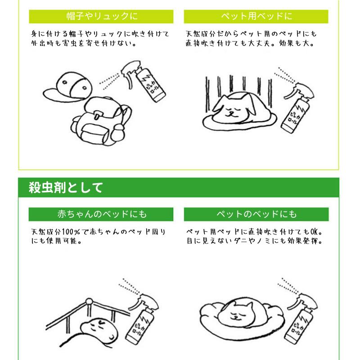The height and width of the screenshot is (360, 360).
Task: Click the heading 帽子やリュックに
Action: pos(102,16)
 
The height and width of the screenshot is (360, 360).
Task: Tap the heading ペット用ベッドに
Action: pos(256,16)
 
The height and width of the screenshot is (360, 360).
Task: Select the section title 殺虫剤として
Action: pos(66,188)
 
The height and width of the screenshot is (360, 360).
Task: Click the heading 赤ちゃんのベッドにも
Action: pos(102,214)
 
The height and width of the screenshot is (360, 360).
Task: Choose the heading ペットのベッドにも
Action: pos(256,214)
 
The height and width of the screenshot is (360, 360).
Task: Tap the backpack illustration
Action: pos(101,121)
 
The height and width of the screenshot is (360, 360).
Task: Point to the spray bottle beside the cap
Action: pos(144,81)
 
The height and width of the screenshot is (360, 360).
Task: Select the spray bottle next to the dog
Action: pos(297,108)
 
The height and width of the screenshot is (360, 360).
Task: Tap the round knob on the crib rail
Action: pos(89,301)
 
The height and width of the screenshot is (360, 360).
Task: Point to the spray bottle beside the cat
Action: pos(301,319)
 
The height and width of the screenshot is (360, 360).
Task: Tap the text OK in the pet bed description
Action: pos(314,232)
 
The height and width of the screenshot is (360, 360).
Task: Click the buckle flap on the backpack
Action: pos(97,114)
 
